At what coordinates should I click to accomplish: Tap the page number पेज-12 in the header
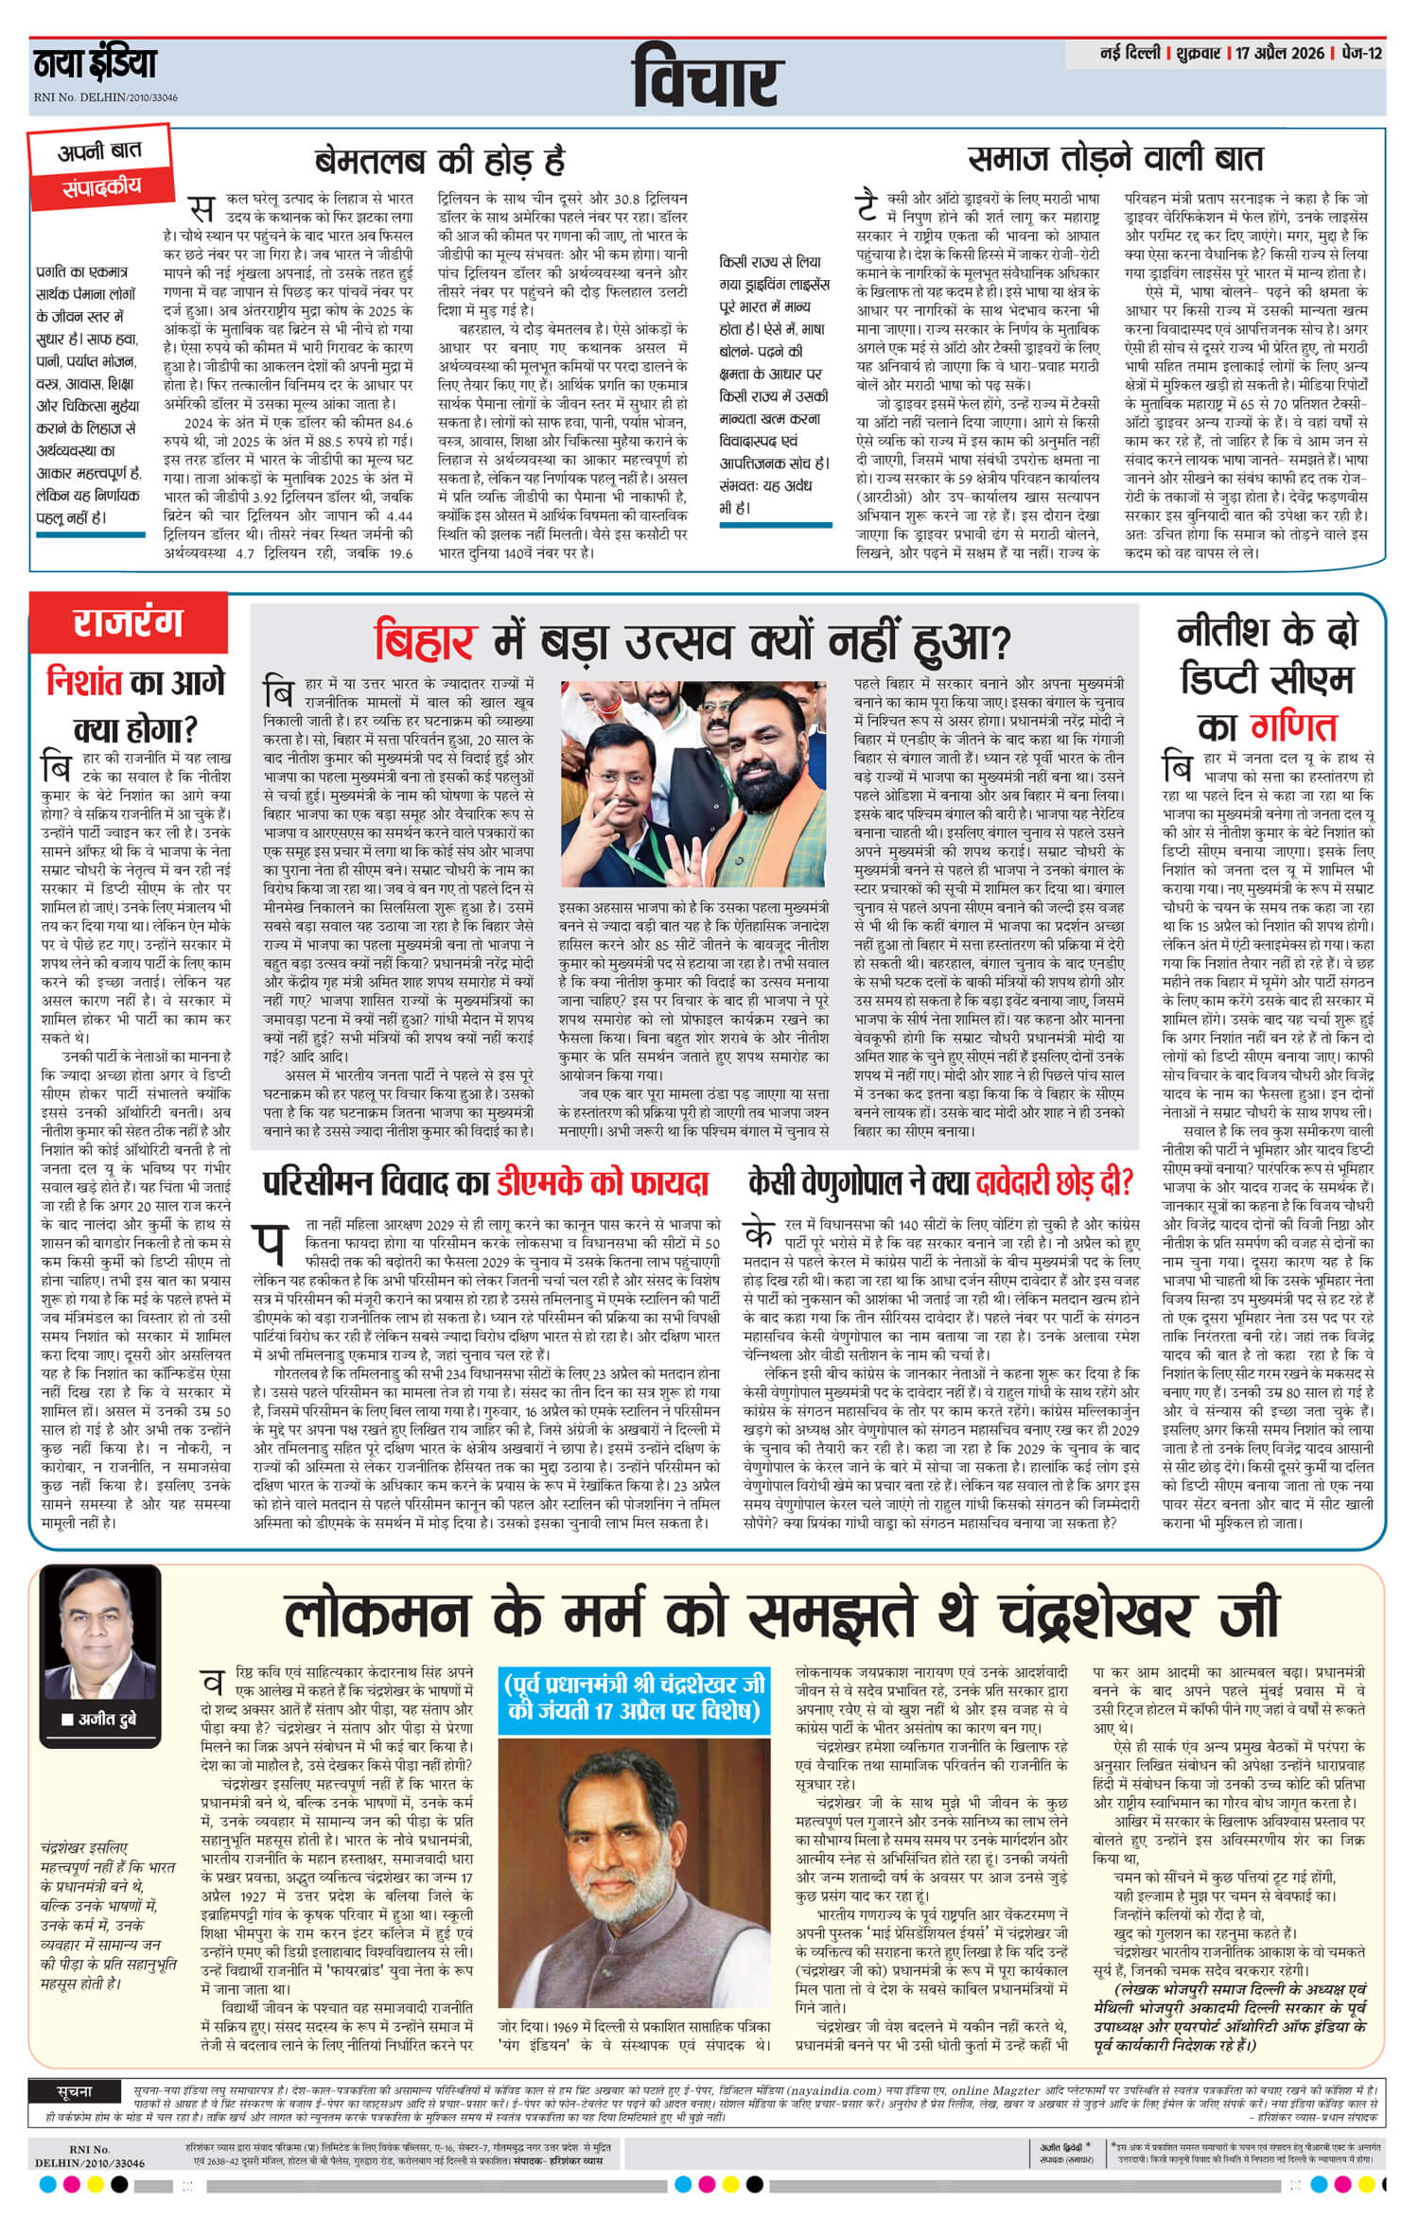tap(1361, 54)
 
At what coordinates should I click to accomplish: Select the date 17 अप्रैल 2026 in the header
tap(1281, 54)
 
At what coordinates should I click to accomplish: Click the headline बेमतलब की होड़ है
tap(440, 162)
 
